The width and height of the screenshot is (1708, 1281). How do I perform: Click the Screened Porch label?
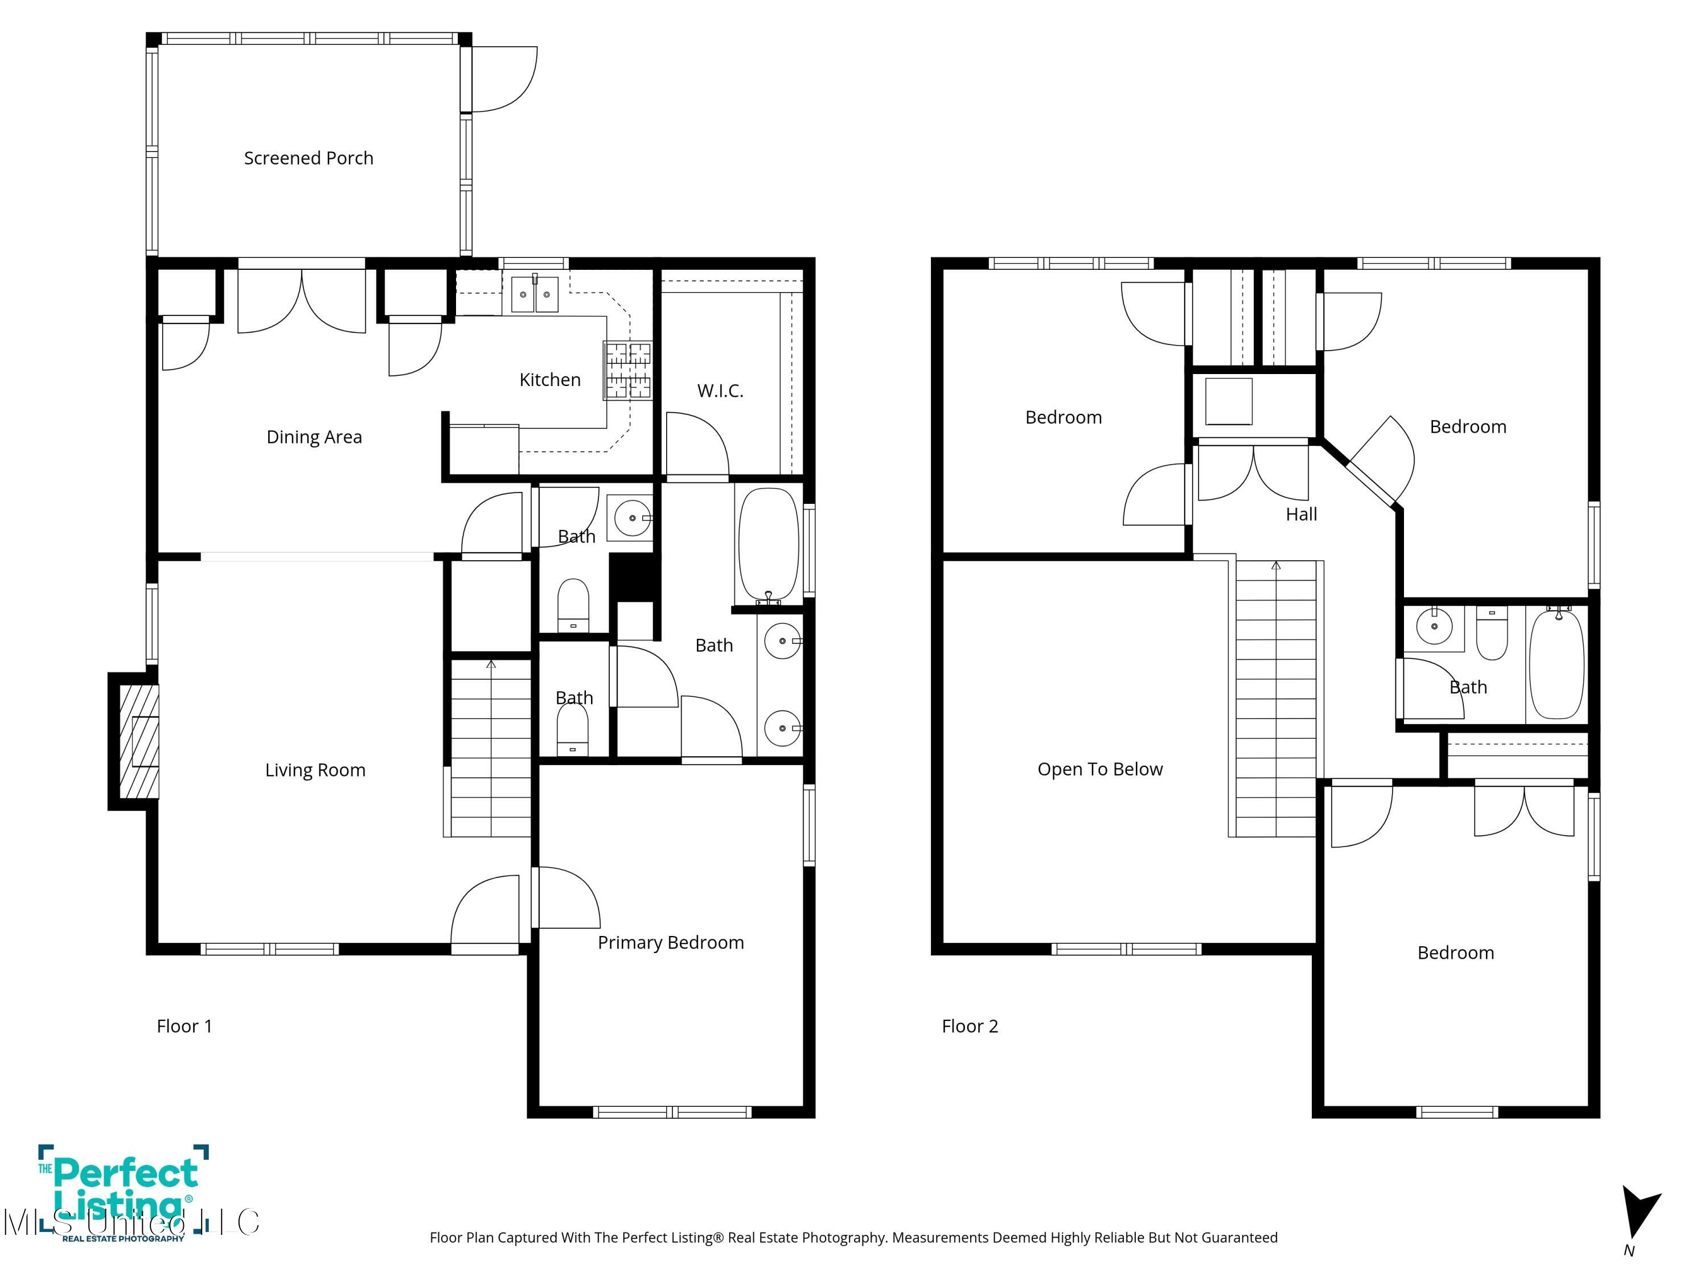(x=308, y=158)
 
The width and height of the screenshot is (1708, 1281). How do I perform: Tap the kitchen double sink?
(x=535, y=295)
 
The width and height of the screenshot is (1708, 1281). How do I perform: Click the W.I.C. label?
(x=720, y=392)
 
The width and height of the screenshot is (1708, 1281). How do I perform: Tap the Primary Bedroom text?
(x=670, y=942)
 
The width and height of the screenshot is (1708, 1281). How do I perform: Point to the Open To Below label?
(x=1099, y=769)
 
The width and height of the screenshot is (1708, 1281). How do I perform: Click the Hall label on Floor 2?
(x=1301, y=514)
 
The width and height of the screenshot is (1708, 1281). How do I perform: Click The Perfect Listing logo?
(x=124, y=1193)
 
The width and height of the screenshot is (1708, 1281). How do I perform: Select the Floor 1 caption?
(x=184, y=1026)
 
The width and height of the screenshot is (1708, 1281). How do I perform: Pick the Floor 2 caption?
(x=970, y=1026)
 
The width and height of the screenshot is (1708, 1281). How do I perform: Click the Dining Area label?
(x=314, y=437)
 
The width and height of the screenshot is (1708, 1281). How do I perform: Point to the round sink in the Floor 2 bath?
(x=1435, y=627)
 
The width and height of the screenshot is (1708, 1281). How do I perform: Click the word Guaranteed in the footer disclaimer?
(x=1239, y=1237)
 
